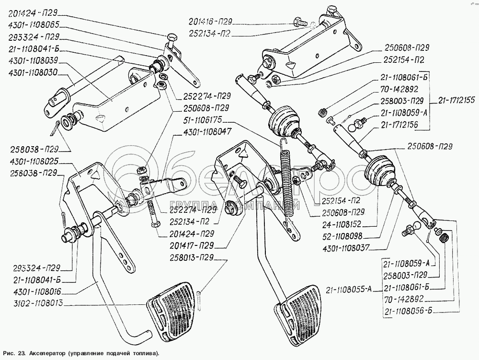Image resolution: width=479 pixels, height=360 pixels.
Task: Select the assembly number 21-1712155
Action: click(x=456, y=101)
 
